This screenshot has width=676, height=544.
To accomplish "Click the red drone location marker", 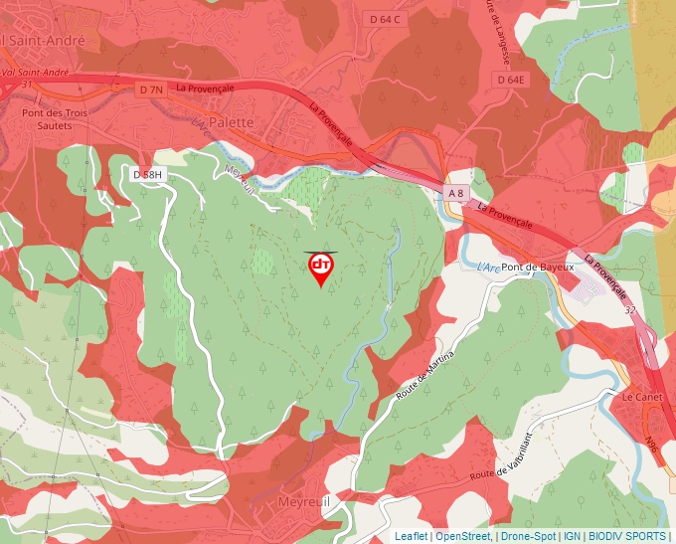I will [321, 267].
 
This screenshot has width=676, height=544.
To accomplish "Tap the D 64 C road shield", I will [384, 19].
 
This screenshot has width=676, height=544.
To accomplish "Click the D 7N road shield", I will [150, 90].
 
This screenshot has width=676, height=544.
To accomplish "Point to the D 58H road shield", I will [146, 175].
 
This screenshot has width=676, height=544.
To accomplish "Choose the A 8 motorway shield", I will [455, 192].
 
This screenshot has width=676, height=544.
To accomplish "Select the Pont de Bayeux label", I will [538, 268].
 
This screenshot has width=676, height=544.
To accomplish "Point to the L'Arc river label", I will [487, 267].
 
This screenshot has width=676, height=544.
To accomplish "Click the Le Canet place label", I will [640, 396].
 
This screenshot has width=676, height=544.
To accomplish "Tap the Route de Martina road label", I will [425, 376].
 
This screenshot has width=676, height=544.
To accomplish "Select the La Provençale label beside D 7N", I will [205, 88].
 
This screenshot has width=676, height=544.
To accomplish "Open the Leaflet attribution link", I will [411, 536].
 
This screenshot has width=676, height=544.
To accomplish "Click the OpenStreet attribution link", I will [462, 536].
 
